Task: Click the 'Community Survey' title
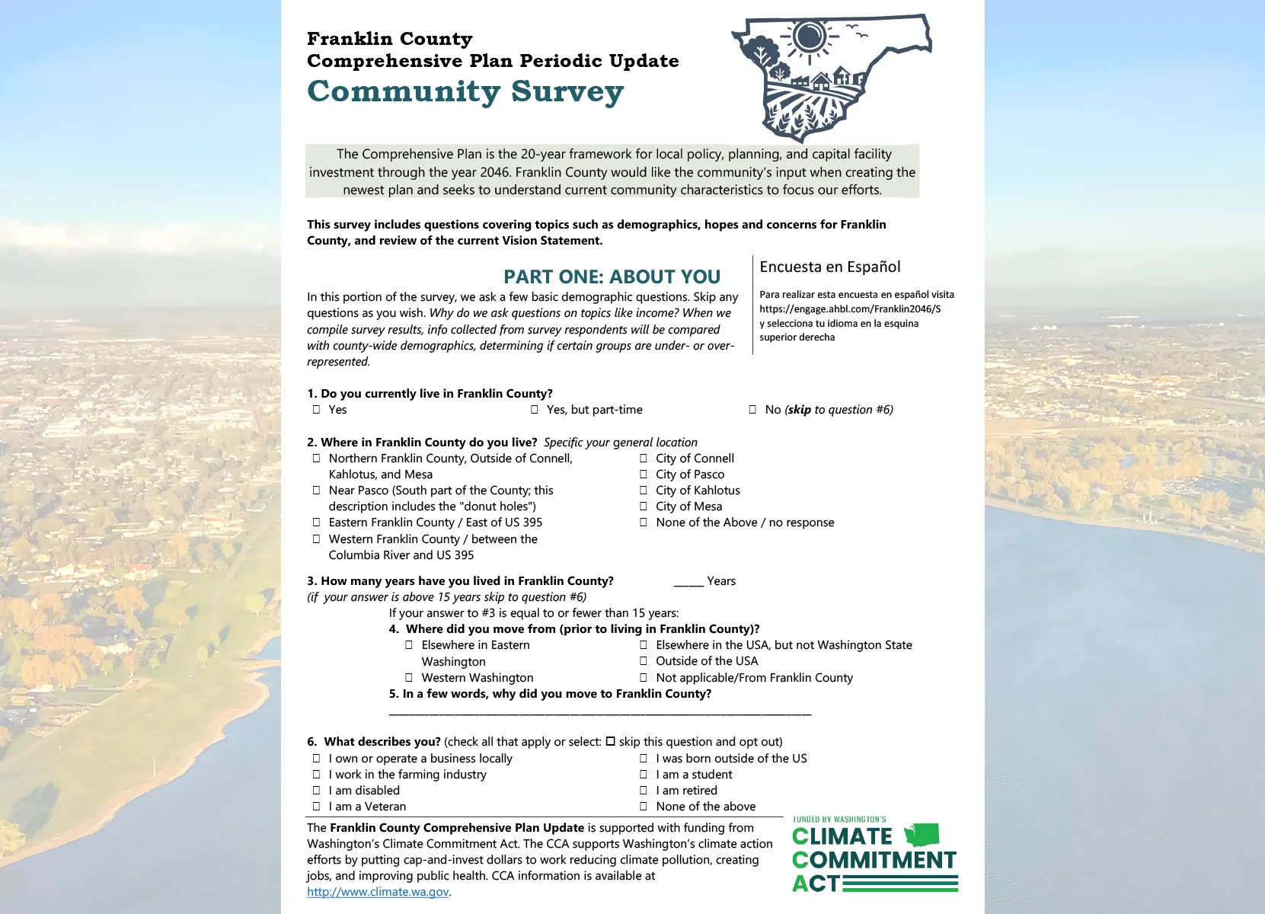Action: click(x=465, y=91)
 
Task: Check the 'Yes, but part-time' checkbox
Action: click(x=535, y=410)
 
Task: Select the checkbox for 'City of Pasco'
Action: click(x=644, y=475)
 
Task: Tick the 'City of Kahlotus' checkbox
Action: click(x=644, y=491)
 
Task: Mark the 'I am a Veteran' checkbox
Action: click(x=316, y=807)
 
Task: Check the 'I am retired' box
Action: click(x=644, y=791)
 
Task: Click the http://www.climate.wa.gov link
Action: click(x=378, y=892)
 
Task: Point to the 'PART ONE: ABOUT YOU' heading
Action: click(x=612, y=276)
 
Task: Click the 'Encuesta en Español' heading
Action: click(x=829, y=267)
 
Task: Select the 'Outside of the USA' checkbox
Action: click(x=644, y=661)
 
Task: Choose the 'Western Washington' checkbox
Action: click(x=409, y=678)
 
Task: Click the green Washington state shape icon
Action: click(x=922, y=835)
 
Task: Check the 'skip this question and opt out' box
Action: click(x=610, y=742)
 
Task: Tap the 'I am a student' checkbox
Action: click(x=644, y=775)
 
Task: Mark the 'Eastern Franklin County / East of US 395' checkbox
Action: click(x=316, y=523)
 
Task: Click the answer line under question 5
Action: click(x=599, y=714)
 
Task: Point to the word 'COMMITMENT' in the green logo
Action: click(x=874, y=860)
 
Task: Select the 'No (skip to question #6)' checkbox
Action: click(x=752, y=410)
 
